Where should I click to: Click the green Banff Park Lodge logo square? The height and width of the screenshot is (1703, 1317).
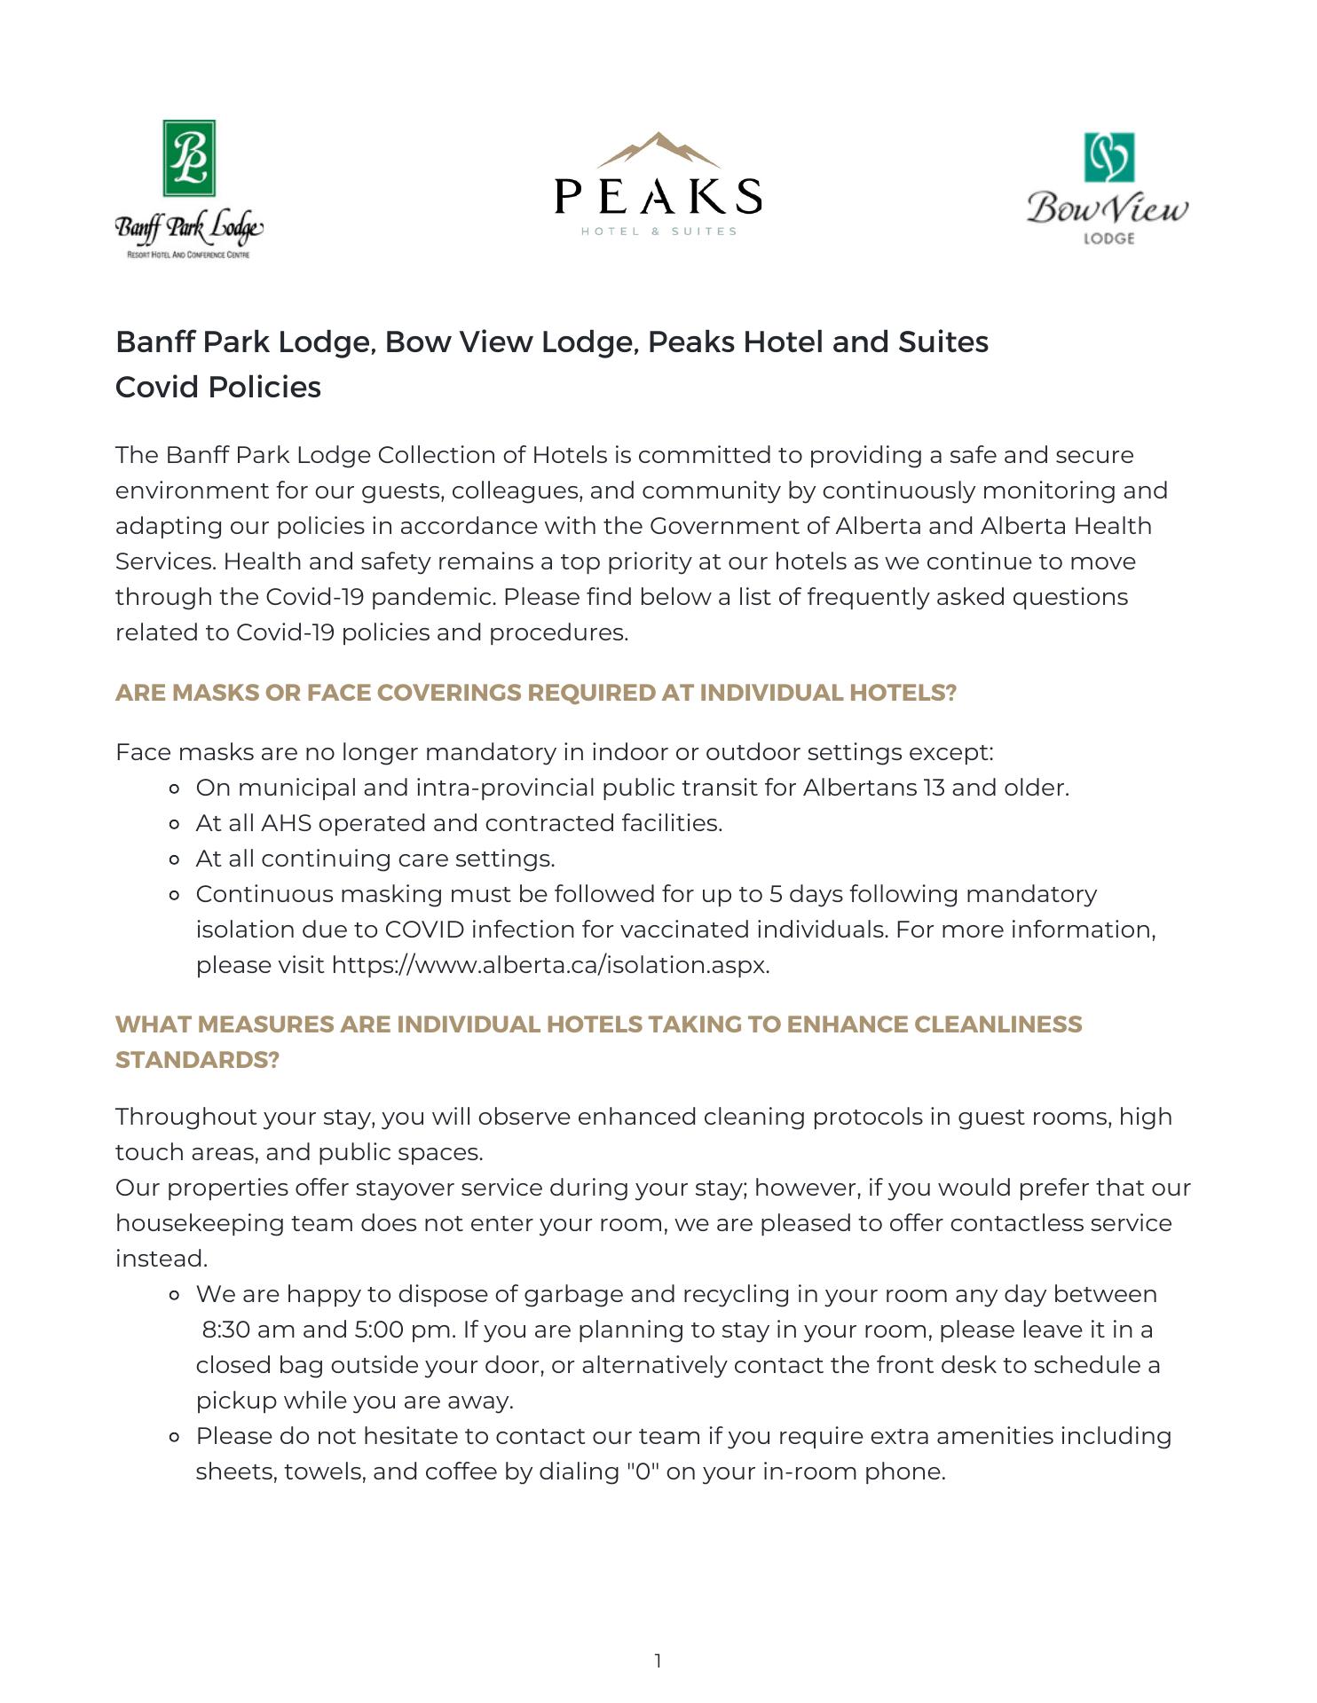pos(189,158)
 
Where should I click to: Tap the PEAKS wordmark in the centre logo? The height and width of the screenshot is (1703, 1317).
pos(658,196)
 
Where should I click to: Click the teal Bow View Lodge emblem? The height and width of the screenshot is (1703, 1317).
pos(1108,157)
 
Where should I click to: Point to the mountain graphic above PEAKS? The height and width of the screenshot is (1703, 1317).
pos(658,150)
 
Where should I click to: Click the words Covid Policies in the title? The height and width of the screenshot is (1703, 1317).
pos(218,388)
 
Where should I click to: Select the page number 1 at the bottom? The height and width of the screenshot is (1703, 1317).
pos(658,1660)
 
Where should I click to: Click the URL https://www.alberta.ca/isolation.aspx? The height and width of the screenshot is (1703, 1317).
pos(549,965)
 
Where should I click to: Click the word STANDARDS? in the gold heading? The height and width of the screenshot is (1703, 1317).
pos(197,1060)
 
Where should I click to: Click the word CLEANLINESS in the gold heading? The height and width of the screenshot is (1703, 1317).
pos(998,1024)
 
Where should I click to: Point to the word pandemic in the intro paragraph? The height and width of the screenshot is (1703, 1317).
pos(431,597)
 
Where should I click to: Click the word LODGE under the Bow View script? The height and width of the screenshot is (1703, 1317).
pos(1108,238)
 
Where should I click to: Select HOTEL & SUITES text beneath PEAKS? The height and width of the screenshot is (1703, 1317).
pos(658,232)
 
